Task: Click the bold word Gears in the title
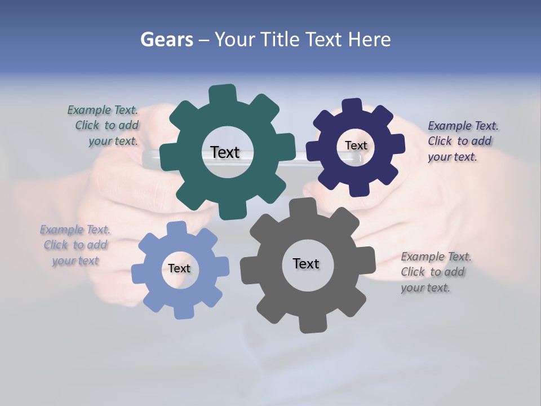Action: (166, 39)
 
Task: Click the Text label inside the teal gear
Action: (225, 152)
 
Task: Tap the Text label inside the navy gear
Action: (356, 145)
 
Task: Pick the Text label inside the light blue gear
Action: (179, 268)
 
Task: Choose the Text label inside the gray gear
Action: (305, 263)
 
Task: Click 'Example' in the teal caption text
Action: (89, 110)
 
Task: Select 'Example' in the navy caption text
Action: (450, 126)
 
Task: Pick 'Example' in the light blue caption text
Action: (61, 230)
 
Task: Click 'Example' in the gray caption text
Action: (423, 257)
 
